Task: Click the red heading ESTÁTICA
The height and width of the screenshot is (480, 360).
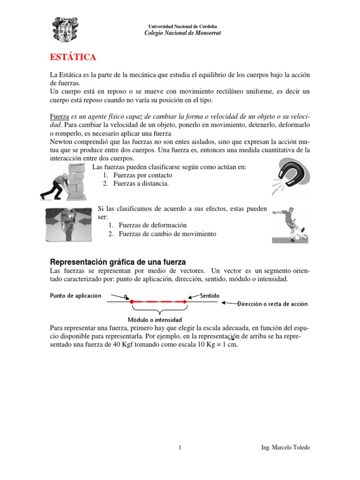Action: click(73, 57)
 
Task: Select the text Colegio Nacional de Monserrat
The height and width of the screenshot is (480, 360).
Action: click(182, 33)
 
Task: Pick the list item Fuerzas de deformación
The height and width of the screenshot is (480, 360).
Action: click(152, 225)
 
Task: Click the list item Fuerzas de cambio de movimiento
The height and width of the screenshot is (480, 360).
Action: click(167, 234)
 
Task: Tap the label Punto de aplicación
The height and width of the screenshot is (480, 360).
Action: click(75, 296)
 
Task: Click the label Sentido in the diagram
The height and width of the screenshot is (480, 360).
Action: click(209, 295)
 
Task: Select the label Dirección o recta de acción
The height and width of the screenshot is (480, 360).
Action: click(272, 304)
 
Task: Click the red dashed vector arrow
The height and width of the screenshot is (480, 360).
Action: click(159, 302)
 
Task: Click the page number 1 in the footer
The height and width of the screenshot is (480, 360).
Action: click(180, 448)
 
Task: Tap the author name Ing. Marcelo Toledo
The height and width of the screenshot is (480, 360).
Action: click(285, 448)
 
